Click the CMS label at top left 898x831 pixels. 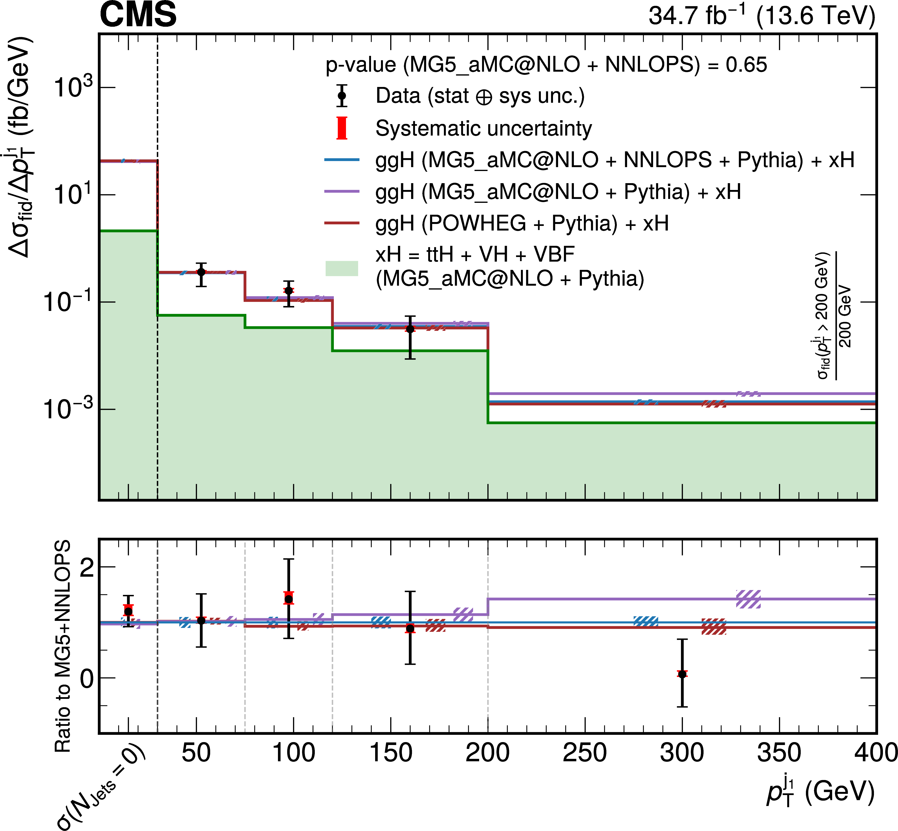138,15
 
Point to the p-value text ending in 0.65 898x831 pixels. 546,65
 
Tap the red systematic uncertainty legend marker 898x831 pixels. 342,128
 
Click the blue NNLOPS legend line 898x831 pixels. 342,160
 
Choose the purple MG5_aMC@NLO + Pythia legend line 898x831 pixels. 342,192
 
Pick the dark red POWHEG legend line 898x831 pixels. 342,223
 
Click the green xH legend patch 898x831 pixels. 342,268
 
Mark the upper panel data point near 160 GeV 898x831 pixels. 410,329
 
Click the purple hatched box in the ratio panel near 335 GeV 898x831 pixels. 748,600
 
